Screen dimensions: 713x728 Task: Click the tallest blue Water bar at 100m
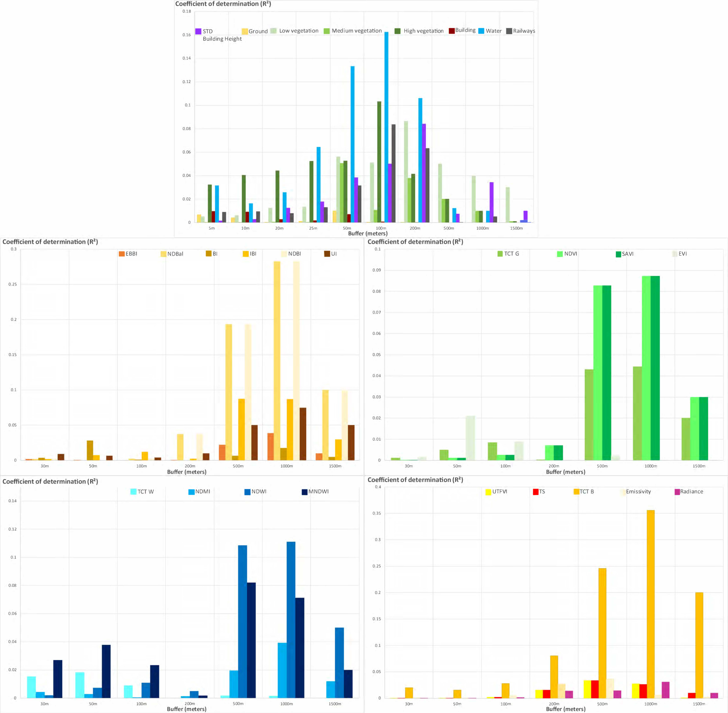point(386,127)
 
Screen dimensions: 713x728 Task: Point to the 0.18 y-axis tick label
point(186,11)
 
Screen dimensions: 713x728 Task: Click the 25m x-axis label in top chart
point(313,228)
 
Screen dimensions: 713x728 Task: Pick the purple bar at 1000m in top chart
point(491,202)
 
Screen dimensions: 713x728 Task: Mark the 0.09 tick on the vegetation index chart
point(376,270)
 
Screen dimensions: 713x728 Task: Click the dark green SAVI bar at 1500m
point(703,428)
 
